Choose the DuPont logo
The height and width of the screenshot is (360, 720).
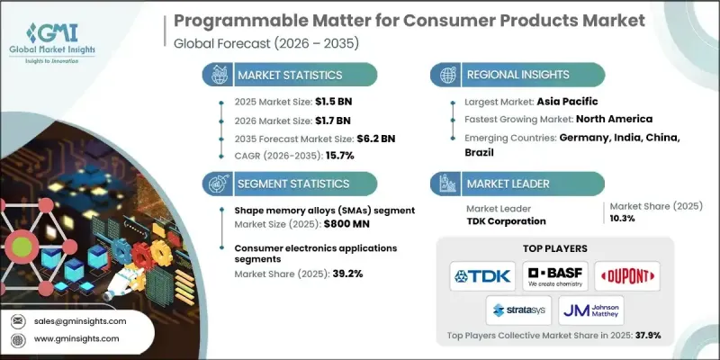click(x=627, y=275)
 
